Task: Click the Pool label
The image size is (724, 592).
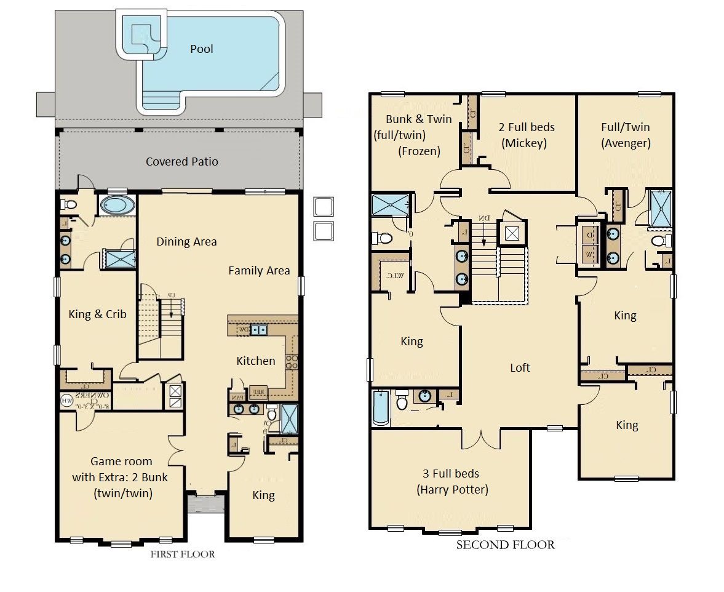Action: [x=201, y=49]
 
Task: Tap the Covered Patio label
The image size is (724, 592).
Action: [x=181, y=162]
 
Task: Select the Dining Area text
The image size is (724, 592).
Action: [x=186, y=242]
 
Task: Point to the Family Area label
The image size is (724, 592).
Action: [x=259, y=270]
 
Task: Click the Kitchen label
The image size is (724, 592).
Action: [x=256, y=361]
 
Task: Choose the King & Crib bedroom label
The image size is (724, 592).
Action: [x=97, y=314]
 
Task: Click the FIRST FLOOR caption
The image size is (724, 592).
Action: [x=183, y=554]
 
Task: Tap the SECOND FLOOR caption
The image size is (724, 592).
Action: [x=505, y=545]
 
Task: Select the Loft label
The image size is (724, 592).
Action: [x=520, y=367]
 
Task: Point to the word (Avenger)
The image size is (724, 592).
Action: [x=626, y=143]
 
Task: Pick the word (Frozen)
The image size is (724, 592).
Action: [x=419, y=151]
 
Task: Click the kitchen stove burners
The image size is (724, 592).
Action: [x=292, y=361]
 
